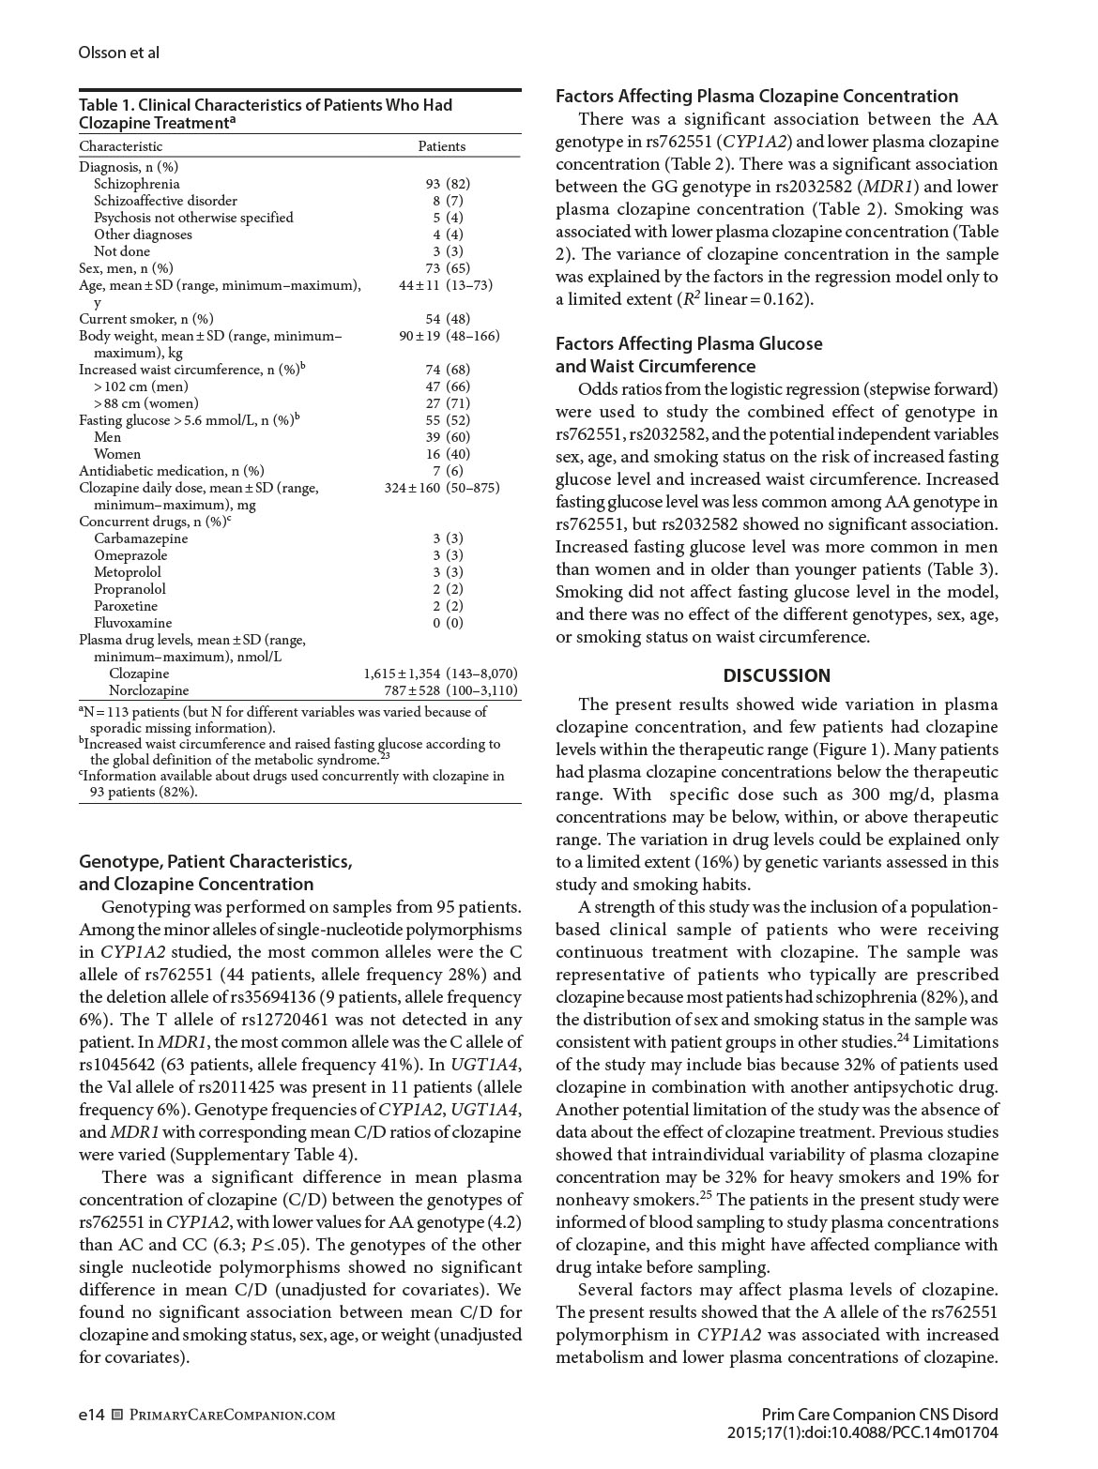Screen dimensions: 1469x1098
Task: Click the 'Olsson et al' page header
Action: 118,53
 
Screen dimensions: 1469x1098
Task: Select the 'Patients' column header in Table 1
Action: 441,146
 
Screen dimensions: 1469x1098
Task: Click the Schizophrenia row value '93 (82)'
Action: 448,184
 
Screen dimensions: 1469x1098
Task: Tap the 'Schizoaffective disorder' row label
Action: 165,201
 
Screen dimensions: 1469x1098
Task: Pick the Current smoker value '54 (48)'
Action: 448,319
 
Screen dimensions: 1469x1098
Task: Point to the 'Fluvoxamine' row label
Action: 132,623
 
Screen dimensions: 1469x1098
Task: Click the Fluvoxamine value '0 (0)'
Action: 448,623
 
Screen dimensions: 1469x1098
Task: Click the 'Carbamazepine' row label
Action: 141,538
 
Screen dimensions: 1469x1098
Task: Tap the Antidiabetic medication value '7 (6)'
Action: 448,471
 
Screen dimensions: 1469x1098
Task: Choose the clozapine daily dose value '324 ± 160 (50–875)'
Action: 441,488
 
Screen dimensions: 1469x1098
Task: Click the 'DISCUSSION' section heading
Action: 776,675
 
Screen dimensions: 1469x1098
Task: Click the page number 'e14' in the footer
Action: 91,1415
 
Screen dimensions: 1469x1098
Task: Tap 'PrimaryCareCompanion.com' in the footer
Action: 232,1415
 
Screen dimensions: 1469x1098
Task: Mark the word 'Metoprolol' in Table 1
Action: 127,572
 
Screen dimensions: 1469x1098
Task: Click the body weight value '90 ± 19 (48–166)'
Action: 449,336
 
